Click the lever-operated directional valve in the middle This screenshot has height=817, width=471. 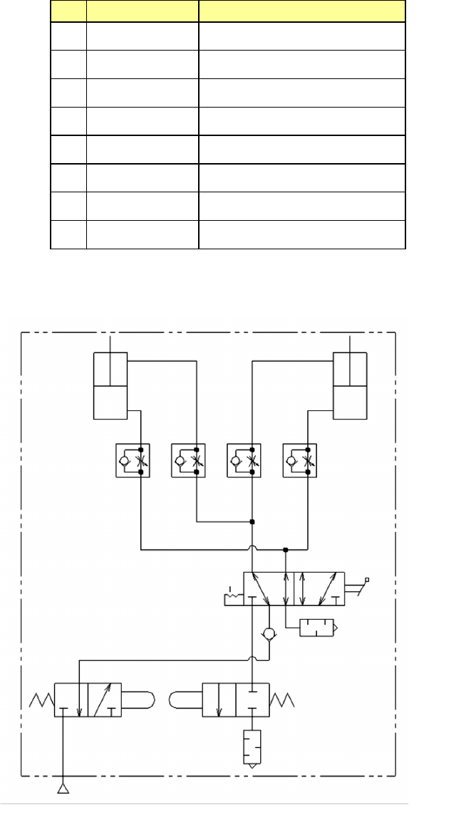(295, 588)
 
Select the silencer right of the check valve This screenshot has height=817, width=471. (317, 628)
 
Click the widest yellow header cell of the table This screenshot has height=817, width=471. (301, 10)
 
